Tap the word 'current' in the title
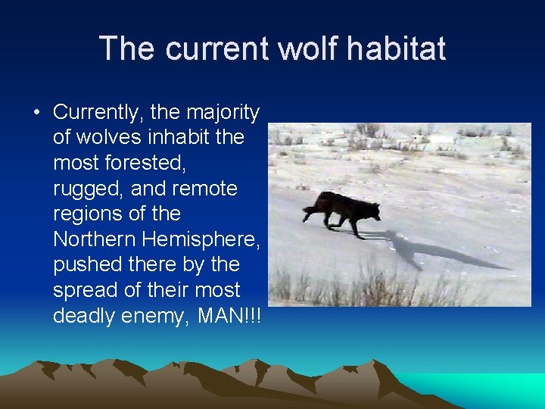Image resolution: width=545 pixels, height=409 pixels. click(216, 48)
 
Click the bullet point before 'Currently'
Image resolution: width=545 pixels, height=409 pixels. click(36, 113)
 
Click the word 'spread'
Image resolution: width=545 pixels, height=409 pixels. click(86, 290)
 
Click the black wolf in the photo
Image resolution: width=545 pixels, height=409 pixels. click(341, 208)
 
